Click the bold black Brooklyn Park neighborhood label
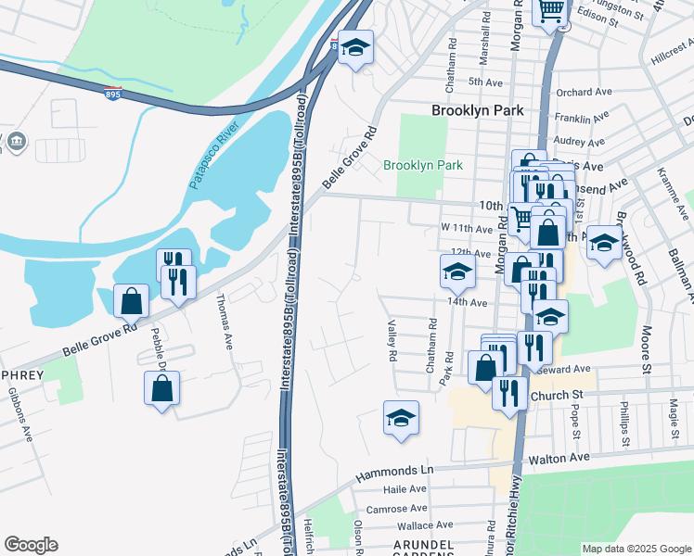click(477, 110)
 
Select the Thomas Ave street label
click(224, 322)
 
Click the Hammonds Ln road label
click(393, 473)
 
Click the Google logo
click(31, 545)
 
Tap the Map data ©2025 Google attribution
click(636, 549)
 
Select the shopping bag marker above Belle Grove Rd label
click(131, 300)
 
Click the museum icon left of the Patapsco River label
click(18, 143)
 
